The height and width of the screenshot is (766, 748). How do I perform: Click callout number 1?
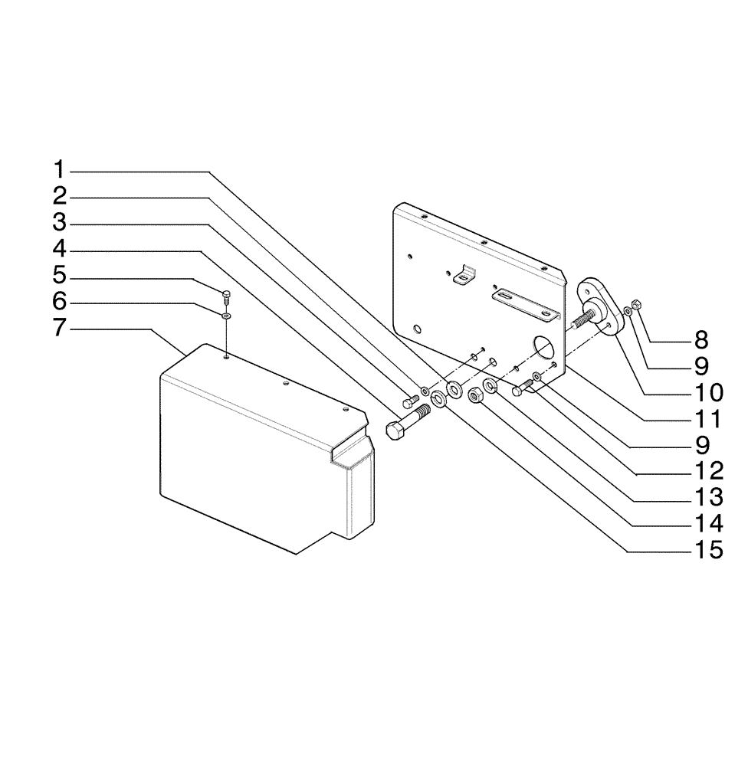click(x=60, y=169)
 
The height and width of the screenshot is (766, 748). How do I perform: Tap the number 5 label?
click(x=60, y=275)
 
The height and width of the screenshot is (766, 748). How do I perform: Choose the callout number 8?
click(x=702, y=339)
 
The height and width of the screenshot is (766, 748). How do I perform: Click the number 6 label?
click(x=60, y=302)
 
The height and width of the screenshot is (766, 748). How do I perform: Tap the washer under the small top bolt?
click(x=227, y=315)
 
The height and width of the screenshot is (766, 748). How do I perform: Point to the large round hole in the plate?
click(x=545, y=349)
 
